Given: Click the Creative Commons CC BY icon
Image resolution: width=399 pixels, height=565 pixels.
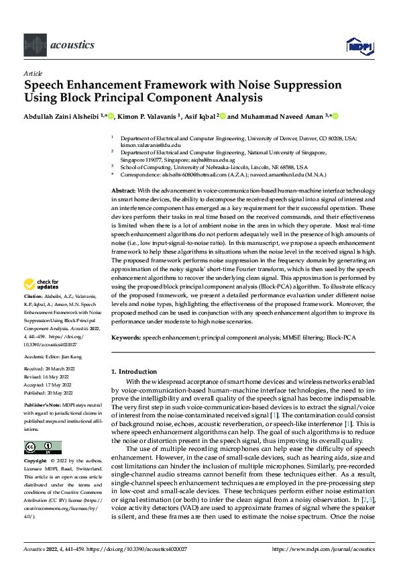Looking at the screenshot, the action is pos(42,448).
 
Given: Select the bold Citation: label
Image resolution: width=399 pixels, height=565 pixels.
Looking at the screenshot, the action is pos(34,314).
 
